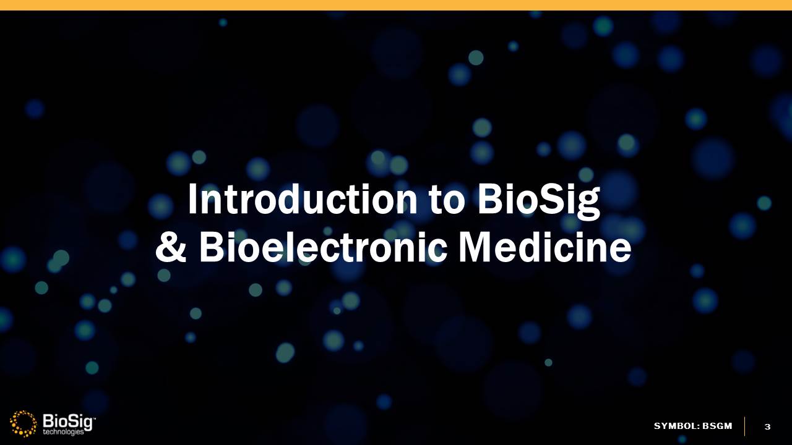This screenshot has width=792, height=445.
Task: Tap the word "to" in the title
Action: (447, 200)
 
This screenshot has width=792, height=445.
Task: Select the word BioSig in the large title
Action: (539, 202)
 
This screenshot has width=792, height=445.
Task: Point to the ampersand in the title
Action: (170, 247)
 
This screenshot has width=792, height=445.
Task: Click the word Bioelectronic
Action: (322, 247)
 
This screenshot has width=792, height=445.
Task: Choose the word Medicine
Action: (544, 247)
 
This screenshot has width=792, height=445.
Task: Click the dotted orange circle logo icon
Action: (24, 423)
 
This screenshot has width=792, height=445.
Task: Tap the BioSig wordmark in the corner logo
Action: (68, 422)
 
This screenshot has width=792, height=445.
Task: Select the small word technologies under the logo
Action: (64, 432)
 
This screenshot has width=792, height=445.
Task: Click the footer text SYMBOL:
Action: (676, 426)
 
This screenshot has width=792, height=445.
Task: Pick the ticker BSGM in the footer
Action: (717, 426)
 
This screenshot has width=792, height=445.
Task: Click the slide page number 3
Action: (767, 426)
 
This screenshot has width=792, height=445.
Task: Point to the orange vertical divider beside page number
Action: (744, 426)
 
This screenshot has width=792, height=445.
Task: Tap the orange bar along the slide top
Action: (396, 5)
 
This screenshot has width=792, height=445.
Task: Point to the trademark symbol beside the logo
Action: (94, 418)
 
